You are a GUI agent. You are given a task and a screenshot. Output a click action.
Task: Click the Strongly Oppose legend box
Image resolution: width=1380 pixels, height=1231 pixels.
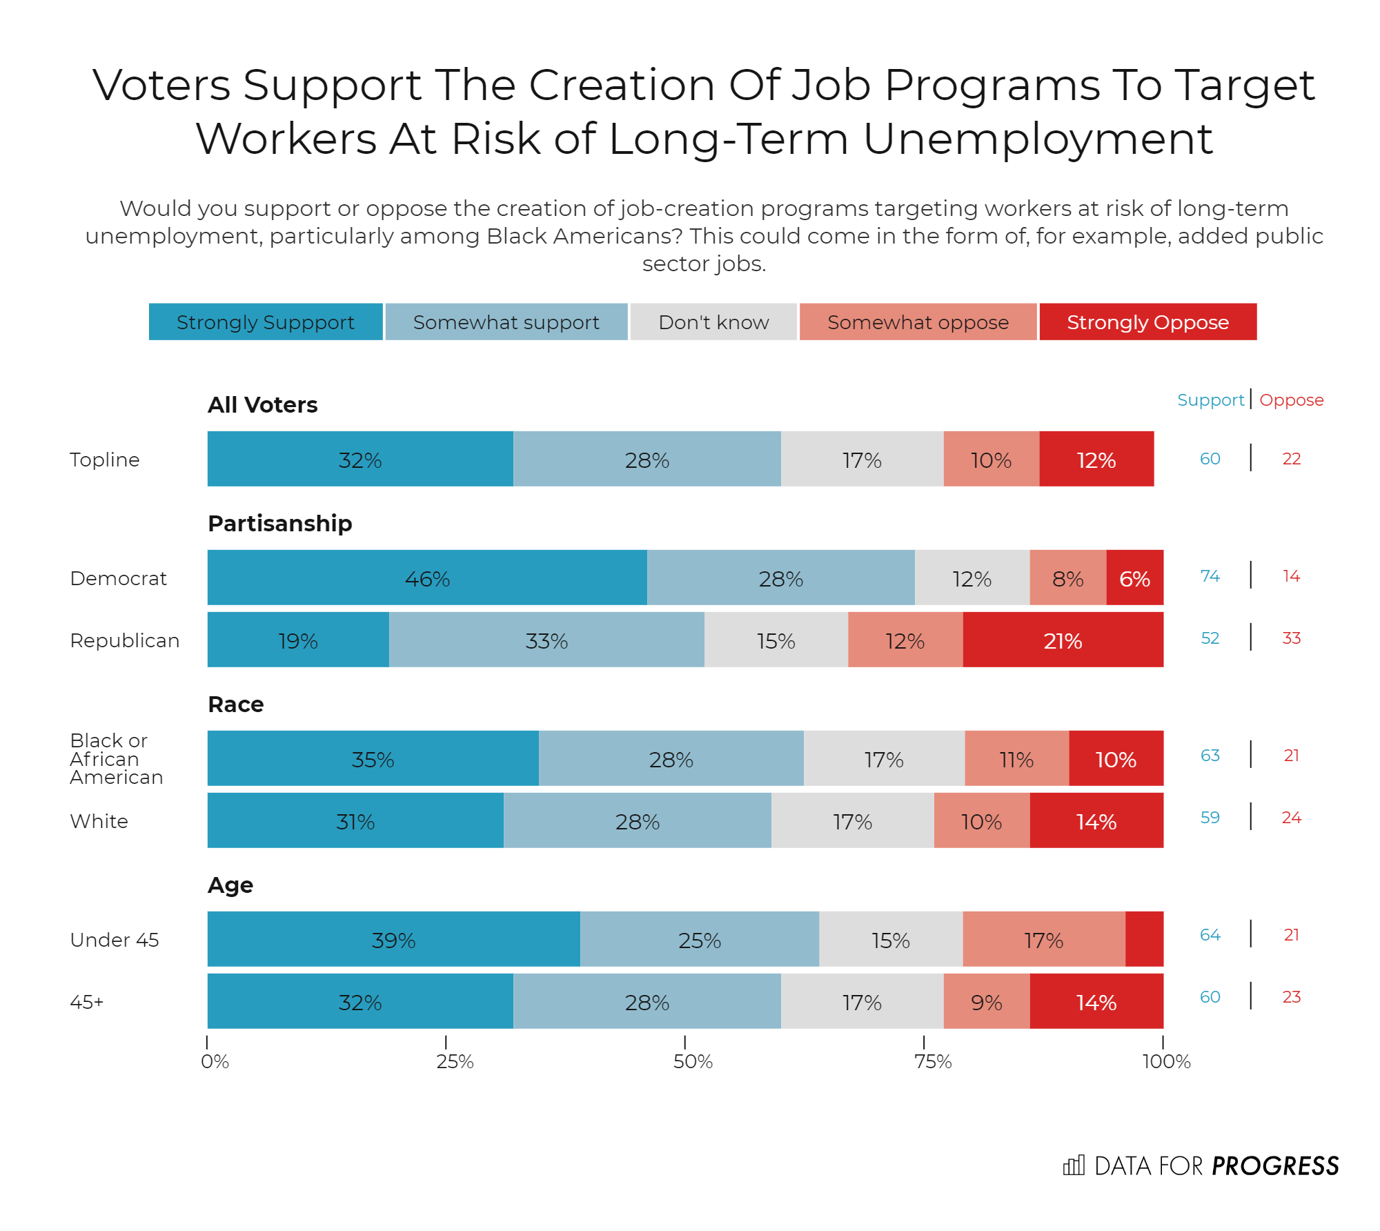1147,322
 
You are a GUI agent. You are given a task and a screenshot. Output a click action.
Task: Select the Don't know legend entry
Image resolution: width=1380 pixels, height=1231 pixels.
713,322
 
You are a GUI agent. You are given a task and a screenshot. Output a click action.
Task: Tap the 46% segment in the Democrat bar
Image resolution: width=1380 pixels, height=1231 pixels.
427,578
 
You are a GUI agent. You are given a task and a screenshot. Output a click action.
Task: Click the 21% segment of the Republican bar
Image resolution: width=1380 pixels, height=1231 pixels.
1063,640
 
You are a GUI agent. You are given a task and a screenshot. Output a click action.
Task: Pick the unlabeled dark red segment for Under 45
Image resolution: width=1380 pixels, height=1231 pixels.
1144,939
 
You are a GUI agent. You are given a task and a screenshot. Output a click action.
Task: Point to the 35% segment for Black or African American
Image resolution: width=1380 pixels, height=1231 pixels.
373,759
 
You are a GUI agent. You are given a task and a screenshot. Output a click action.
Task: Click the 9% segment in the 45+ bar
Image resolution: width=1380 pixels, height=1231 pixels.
987,1002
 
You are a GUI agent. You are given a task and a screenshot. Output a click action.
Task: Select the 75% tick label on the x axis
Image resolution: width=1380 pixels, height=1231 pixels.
933,1061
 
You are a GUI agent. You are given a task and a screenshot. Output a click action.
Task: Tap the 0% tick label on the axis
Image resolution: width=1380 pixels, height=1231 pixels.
215,1061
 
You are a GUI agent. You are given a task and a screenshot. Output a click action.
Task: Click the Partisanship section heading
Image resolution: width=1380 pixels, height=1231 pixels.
279,524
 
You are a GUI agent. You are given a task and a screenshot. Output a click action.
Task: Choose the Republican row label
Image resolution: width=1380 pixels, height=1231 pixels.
124,640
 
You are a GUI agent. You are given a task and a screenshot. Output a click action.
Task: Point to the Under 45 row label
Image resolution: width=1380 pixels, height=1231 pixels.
114,940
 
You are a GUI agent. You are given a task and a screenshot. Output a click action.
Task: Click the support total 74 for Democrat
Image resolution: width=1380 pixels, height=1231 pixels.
1210,576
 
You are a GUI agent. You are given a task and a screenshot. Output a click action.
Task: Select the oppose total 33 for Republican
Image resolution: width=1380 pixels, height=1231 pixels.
1291,638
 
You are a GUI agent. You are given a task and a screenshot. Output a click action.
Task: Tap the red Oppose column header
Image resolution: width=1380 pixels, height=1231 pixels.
1291,400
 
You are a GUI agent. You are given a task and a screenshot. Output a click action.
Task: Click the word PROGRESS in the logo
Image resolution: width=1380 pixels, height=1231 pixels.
1275,1166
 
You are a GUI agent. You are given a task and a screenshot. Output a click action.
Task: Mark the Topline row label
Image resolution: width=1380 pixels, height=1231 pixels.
104,460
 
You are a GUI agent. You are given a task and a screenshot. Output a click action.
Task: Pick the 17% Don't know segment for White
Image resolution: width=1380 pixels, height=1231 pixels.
852,821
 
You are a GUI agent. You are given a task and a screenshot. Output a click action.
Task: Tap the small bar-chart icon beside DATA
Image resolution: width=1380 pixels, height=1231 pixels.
1074,1165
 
